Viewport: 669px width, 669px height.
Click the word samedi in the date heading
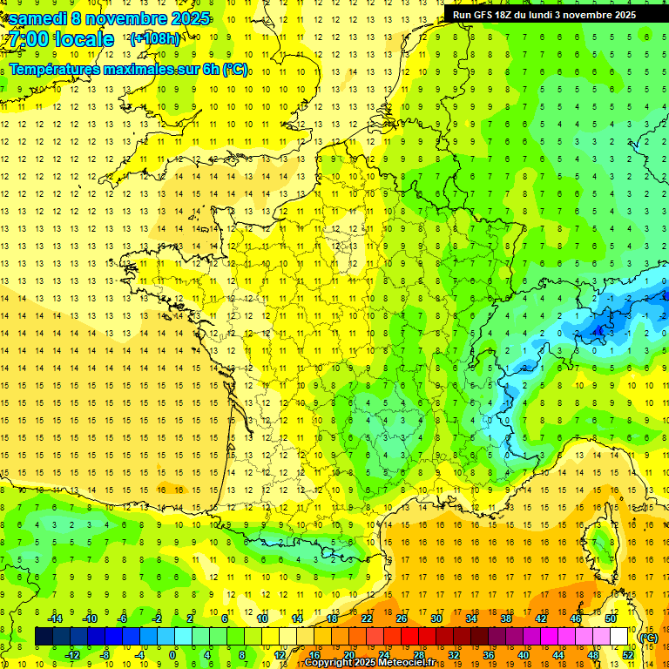coord(37,17)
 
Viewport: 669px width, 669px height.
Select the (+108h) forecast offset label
coord(154,39)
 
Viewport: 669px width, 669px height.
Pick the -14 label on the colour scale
coord(55,618)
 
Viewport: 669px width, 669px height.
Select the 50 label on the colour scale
coord(610,618)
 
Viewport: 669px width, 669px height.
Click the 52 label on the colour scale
coord(627,654)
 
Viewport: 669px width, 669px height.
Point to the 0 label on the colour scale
coord(172,654)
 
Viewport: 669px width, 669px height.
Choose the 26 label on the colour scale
coord(402,618)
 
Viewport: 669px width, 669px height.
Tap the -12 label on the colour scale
coord(72,654)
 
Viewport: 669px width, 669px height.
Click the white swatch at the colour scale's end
coord(618,637)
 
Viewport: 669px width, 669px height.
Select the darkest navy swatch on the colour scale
coord(44,637)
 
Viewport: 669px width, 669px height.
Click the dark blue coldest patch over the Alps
coord(600,329)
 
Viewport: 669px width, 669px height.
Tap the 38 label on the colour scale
coord(506,618)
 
